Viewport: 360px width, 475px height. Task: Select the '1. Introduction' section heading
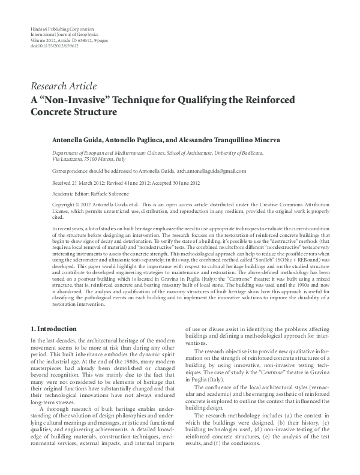(53, 329)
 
